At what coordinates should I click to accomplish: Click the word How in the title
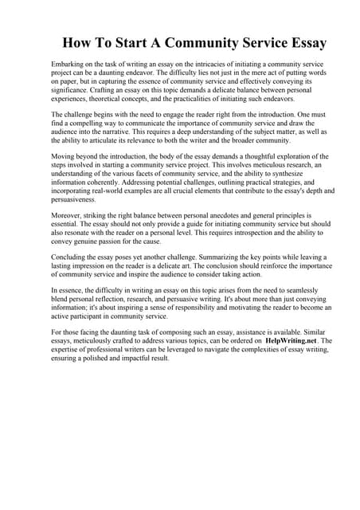80,41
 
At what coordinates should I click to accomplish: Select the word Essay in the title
304,41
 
